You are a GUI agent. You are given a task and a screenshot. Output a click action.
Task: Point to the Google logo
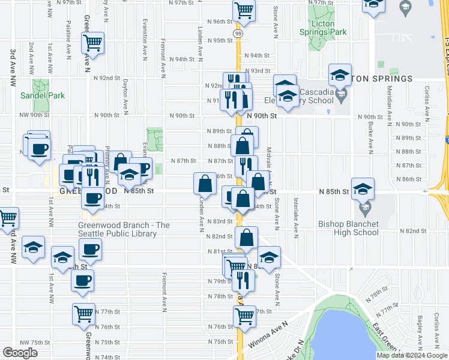point(20,353)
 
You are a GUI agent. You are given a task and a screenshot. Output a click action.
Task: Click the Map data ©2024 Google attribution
point(411,355)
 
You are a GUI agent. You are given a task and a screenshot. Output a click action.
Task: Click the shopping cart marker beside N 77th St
point(84,313)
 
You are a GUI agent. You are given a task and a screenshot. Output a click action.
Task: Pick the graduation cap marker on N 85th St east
point(363,188)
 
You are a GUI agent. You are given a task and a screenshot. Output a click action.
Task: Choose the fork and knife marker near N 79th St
point(243,280)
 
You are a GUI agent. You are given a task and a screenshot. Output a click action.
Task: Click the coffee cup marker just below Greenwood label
point(92,198)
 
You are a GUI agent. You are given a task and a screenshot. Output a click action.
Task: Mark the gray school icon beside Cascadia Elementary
point(342,95)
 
